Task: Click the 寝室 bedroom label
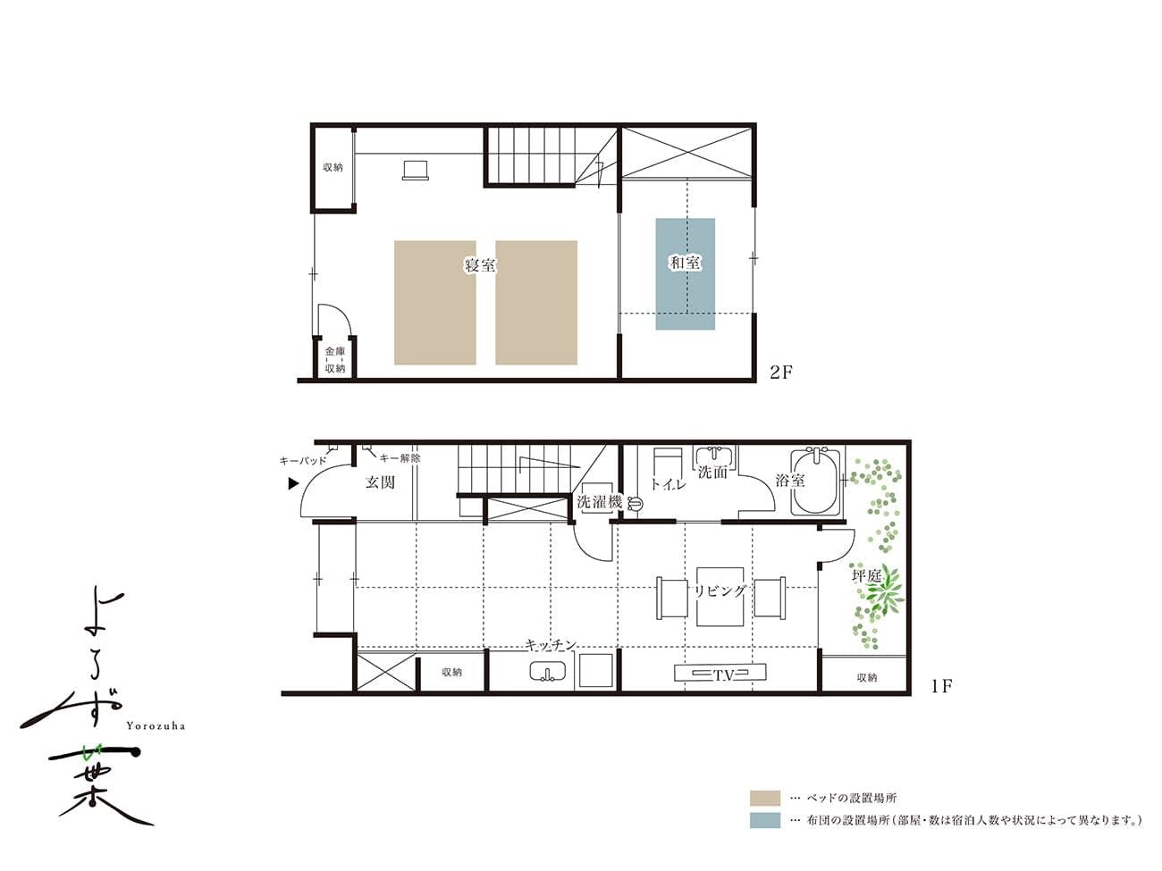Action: click(x=480, y=264)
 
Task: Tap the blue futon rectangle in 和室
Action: click(x=685, y=274)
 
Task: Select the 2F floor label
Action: click(x=781, y=373)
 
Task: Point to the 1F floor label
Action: click(x=941, y=686)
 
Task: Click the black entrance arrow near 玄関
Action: click(x=293, y=483)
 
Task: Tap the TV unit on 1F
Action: click(x=720, y=673)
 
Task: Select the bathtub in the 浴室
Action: click(x=815, y=482)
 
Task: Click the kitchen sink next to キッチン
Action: click(x=548, y=672)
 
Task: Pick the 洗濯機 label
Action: click(x=599, y=502)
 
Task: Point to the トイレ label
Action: click(x=668, y=484)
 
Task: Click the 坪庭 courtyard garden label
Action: click(x=866, y=576)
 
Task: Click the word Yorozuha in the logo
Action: click(x=156, y=726)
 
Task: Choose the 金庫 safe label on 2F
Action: click(x=335, y=351)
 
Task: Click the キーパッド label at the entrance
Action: click(x=303, y=461)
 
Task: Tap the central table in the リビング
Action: click(x=720, y=597)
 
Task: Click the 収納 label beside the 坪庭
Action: click(x=867, y=677)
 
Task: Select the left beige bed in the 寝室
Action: click(x=435, y=303)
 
